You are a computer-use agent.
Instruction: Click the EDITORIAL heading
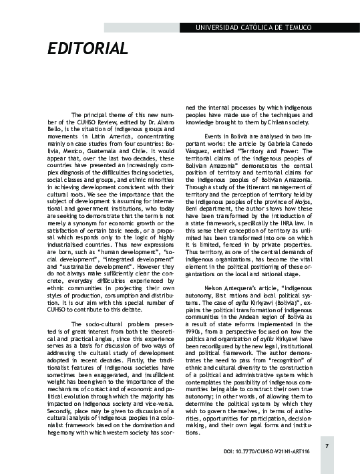(x=87, y=49)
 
